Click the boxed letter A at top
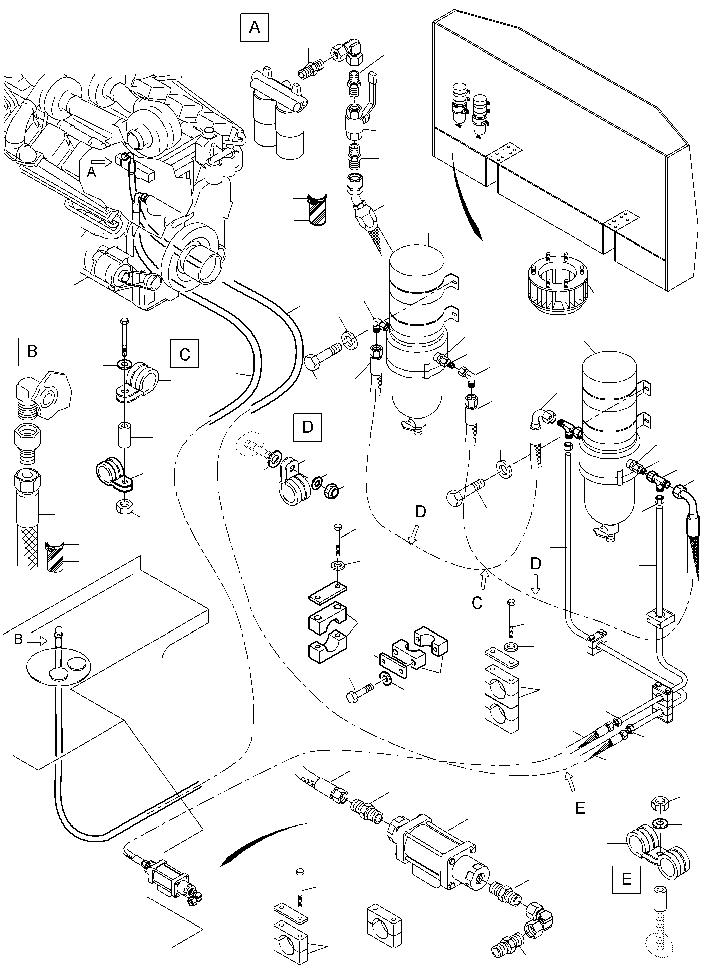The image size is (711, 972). click(x=255, y=28)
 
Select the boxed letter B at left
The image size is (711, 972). click(x=32, y=351)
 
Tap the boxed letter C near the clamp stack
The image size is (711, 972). click(x=184, y=354)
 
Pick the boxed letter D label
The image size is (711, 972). click(x=307, y=427)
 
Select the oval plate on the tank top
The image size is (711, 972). click(x=59, y=669)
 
